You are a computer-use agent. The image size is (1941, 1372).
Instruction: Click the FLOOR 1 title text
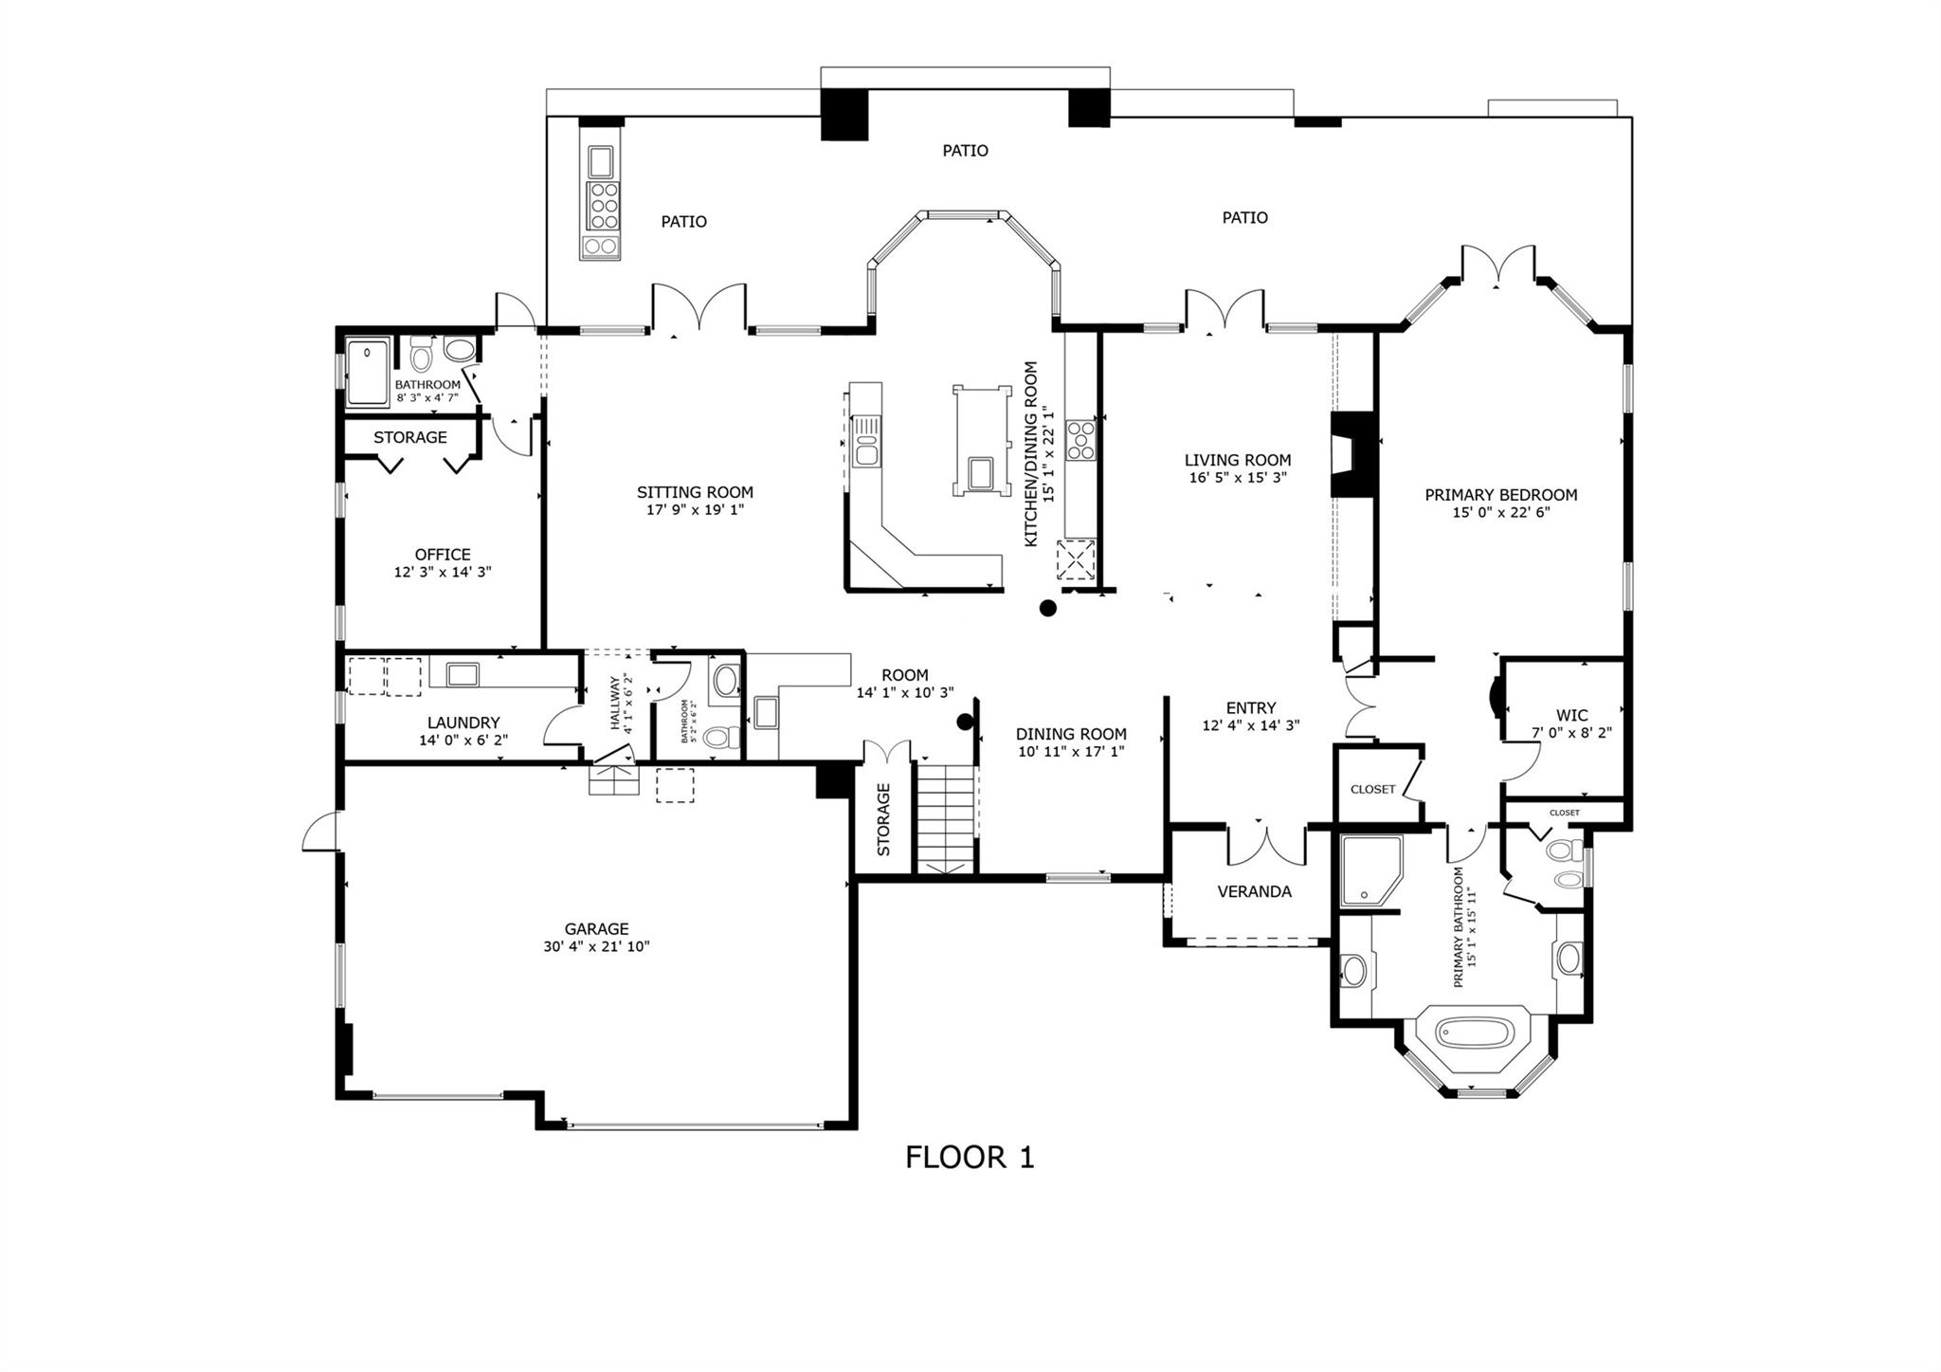(970, 1158)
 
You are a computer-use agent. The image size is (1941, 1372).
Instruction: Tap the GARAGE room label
(596, 929)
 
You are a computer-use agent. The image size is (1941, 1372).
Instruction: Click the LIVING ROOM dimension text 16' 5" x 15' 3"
(1238, 478)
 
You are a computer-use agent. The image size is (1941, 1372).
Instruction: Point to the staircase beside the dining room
(945, 816)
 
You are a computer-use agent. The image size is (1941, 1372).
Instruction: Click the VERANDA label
(1254, 891)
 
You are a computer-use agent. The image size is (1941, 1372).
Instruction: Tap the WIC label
(1571, 715)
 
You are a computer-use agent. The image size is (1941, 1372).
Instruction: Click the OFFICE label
(443, 555)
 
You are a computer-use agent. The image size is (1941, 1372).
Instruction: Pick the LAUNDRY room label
(463, 723)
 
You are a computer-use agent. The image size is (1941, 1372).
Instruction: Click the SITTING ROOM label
(695, 492)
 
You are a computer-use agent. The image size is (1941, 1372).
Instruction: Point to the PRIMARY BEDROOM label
(1500, 495)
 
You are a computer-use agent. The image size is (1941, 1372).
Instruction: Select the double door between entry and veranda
(1267, 844)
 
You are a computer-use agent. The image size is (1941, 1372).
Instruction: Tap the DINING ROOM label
(1071, 734)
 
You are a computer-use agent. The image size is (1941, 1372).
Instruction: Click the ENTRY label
(1250, 708)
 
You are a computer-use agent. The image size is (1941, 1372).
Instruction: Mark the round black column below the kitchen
(1047, 609)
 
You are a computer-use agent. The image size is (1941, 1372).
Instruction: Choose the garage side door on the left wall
(319, 832)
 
